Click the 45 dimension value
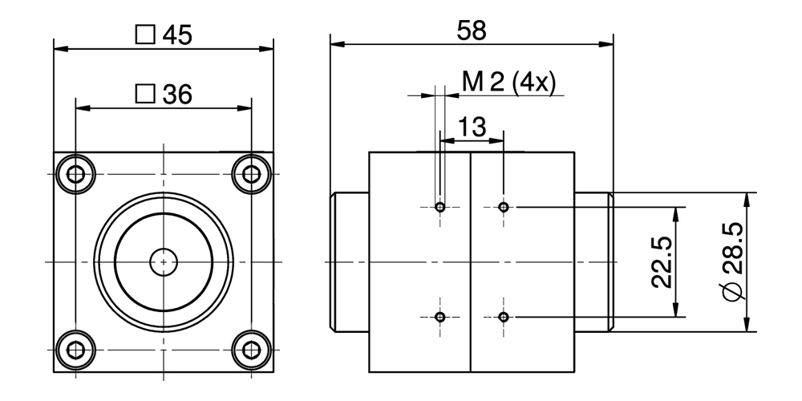tap(177, 35)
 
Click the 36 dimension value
tap(177, 94)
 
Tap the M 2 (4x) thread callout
tap(508, 83)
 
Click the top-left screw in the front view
tap(76, 174)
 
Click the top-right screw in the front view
tap(251, 174)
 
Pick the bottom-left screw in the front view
tap(76, 350)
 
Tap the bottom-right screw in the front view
tap(251, 350)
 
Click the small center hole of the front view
tap(164, 261)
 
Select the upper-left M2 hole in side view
tap(439, 208)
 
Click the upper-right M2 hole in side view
tap(503, 208)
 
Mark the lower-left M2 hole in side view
tap(439, 317)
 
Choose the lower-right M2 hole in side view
tap(503, 317)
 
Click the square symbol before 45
tap(145, 35)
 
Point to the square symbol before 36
tap(145, 94)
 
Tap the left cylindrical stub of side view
tap(350, 261)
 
